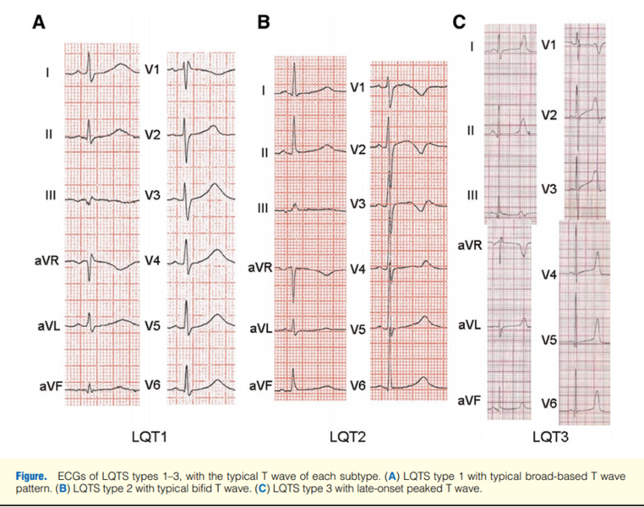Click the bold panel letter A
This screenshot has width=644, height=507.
click(39, 22)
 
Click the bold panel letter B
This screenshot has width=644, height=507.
click(264, 22)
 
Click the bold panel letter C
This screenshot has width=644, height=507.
click(459, 22)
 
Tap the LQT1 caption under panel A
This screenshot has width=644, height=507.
click(150, 437)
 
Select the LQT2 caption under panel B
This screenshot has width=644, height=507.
click(347, 437)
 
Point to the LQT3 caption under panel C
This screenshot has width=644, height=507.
click(551, 437)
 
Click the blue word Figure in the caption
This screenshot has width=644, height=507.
click(31, 477)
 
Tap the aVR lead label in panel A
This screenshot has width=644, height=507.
click(46, 261)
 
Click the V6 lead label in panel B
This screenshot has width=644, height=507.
click(357, 386)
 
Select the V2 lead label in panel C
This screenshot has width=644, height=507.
click(549, 116)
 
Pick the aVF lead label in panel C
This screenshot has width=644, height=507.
click(469, 401)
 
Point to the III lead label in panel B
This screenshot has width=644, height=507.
click(264, 208)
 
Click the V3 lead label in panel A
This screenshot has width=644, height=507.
click(152, 195)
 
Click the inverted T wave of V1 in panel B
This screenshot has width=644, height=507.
click(422, 92)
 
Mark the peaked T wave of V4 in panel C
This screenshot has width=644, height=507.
click(598, 263)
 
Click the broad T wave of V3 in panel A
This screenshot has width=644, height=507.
click(214, 191)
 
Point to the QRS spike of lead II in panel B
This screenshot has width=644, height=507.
click(294, 135)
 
